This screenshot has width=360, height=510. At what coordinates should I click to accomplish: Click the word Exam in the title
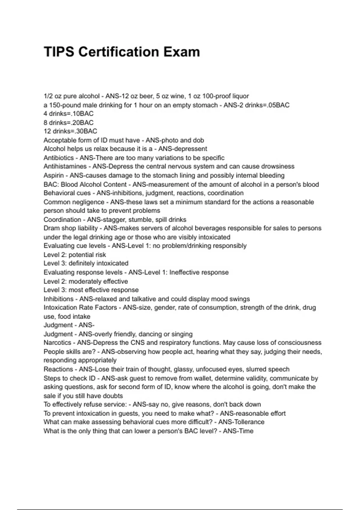pyautogui.click(x=181, y=52)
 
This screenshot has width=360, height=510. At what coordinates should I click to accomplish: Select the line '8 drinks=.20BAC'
pyautogui.click(x=68, y=123)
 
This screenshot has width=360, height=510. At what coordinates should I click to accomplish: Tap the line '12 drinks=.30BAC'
pyautogui.click(x=70, y=131)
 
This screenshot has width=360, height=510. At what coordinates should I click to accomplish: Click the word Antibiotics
pyautogui.click(x=58, y=158)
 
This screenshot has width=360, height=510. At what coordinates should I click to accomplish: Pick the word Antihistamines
pyautogui.click(x=65, y=166)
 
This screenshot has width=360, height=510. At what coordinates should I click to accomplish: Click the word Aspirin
pyautogui.click(x=53, y=175)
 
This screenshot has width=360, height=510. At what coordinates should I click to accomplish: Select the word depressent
pyautogui.click(x=191, y=149)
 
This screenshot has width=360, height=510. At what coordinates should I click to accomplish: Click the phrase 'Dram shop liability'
pyautogui.click(x=70, y=228)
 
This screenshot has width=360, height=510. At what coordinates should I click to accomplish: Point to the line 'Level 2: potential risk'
pyautogui.click(x=75, y=255)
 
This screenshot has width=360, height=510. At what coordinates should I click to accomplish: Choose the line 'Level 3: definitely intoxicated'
pyautogui.click(x=86, y=263)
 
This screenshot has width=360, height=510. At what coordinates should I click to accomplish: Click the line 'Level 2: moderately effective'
pyautogui.click(x=85, y=281)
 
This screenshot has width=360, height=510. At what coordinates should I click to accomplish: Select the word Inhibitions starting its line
pyautogui.click(x=58, y=299)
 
